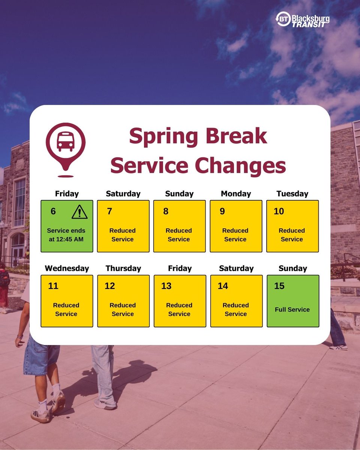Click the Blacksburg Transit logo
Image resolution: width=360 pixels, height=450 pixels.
(x=302, y=20)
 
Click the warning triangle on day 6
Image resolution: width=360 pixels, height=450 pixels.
(x=79, y=212)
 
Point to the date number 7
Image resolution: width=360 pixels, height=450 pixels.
(x=109, y=211)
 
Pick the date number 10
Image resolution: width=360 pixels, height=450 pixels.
(x=279, y=211)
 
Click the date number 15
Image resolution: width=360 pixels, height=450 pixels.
(x=279, y=286)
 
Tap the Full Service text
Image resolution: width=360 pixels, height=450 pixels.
(x=292, y=309)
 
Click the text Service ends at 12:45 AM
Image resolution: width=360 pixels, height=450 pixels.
(x=66, y=235)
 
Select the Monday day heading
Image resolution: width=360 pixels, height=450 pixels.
(x=236, y=194)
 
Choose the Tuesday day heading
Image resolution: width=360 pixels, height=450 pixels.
(x=292, y=194)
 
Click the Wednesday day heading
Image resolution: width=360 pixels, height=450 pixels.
(x=67, y=268)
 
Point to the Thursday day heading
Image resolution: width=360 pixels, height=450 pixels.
(x=123, y=268)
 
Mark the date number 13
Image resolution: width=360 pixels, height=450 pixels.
(x=166, y=286)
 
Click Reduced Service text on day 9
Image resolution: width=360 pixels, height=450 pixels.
(x=235, y=235)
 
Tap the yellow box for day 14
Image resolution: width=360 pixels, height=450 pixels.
(x=236, y=301)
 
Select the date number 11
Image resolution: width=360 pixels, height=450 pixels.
(x=53, y=286)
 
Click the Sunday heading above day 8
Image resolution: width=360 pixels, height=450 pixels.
(x=179, y=194)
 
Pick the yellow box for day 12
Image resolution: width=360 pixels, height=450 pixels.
(x=123, y=301)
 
